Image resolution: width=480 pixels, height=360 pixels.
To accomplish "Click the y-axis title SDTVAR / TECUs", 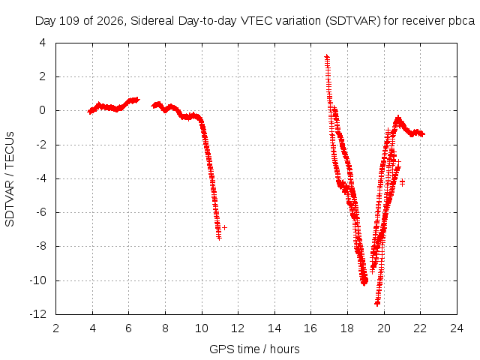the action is pos(10,179).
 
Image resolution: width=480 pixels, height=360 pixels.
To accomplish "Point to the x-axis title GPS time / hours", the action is pos(254,349).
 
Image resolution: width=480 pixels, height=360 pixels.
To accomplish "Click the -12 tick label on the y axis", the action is pos(38,314).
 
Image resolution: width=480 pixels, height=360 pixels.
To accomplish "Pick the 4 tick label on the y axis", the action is pos(43,43).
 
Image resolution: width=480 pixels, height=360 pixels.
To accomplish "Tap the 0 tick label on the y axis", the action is pos(43,110).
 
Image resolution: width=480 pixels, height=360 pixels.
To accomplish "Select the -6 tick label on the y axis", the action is pos(40,212).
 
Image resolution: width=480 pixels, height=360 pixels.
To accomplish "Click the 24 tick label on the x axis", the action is pos(457,328).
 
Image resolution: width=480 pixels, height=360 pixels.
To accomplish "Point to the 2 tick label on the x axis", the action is pos(55,328).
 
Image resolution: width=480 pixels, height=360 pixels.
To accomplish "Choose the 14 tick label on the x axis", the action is pos(274,328).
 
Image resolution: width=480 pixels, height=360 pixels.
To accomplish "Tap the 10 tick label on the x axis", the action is pos(202,328).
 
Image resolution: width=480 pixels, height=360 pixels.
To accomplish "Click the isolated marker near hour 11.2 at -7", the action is pos(225,227).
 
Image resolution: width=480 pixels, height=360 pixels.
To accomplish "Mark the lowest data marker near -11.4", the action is pos(377,303).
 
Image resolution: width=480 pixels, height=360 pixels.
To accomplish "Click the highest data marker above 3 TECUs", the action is pos(327,57).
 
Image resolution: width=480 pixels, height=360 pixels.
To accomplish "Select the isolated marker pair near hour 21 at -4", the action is pos(402,182).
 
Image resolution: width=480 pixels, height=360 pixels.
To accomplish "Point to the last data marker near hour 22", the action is pos(422,134).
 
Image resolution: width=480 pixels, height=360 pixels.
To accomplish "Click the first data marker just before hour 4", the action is pos(90,112).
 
